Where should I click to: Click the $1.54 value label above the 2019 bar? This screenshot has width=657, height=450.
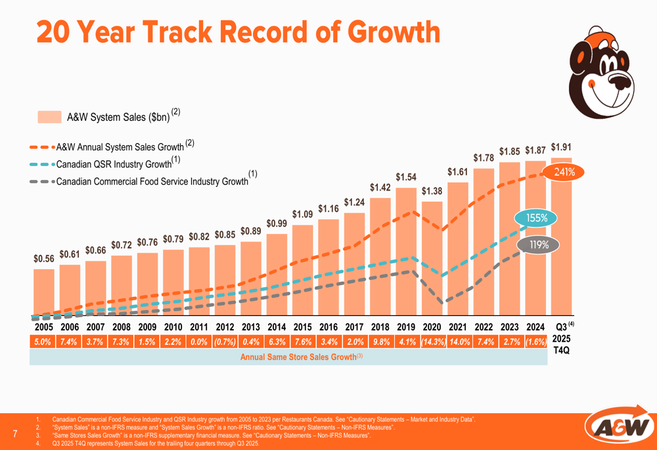tap(405, 177)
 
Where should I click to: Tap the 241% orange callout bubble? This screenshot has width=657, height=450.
tap(564, 173)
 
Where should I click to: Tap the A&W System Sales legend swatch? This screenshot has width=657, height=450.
tap(49, 117)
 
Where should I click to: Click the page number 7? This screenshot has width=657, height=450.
tap(15, 433)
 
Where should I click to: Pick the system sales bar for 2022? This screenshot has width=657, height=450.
tap(484, 243)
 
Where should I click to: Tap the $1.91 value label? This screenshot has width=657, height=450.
tap(561, 147)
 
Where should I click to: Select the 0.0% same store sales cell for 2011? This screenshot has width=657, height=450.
tap(199, 342)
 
